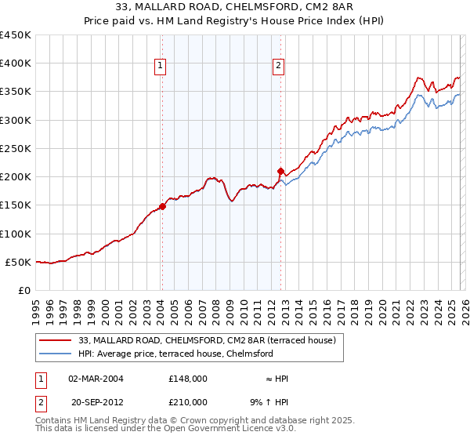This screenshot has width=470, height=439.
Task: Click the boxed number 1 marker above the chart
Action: click(160, 67)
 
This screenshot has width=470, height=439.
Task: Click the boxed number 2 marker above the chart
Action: click(279, 67)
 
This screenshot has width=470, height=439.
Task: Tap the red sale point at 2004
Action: click(162, 207)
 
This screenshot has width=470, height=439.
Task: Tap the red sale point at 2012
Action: click(280, 171)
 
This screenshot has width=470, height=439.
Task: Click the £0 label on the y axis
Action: click(25, 290)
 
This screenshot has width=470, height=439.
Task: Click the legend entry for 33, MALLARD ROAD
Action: click(207, 340)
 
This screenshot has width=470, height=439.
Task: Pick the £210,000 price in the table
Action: click(187, 402)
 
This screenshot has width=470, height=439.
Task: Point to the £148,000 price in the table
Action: click(187, 379)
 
